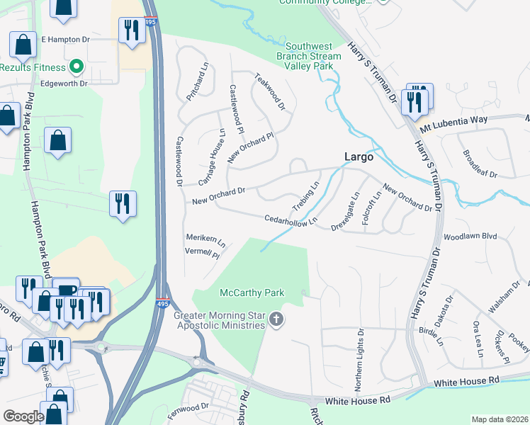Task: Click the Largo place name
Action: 358,157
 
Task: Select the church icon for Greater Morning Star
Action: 276,321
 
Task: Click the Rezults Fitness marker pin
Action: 77,68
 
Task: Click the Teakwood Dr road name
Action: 270,93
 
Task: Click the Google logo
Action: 23,416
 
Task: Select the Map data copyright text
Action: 499,419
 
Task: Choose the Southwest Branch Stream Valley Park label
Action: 304,55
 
